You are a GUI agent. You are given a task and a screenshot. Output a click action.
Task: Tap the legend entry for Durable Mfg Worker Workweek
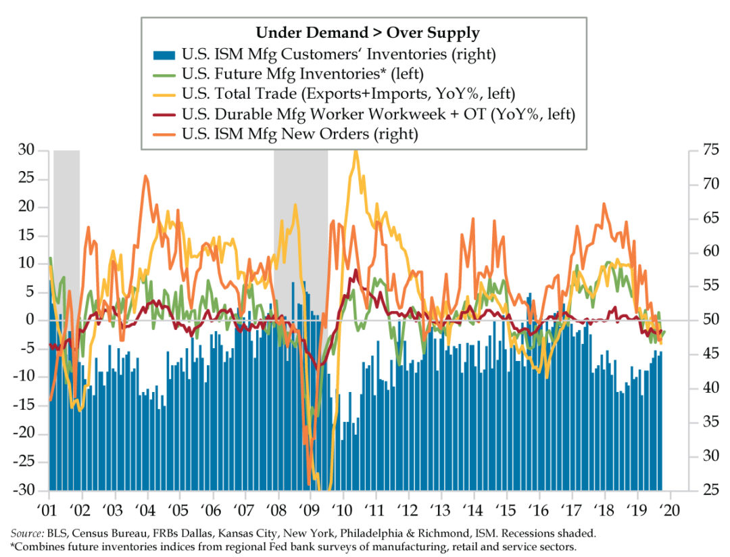point(379,114)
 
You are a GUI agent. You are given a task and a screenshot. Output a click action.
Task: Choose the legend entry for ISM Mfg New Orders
point(300,135)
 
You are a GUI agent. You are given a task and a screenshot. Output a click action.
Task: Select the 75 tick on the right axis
point(704,150)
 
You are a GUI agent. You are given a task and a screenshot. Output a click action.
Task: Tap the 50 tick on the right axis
point(704,320)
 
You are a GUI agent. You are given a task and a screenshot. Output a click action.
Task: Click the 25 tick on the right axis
point(704,491)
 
